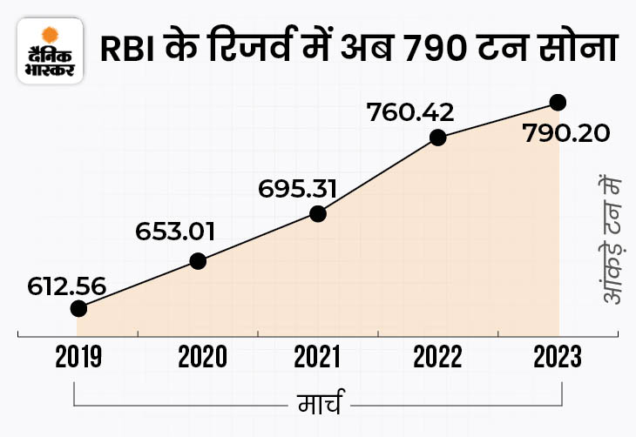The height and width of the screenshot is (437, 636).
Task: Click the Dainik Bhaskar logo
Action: (51, 51)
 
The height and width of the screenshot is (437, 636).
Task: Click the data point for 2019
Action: (78, 308)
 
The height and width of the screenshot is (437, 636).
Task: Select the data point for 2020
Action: (198, 260)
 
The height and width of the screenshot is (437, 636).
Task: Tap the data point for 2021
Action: (318, 213)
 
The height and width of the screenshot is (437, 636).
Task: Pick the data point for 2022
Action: (438, 137)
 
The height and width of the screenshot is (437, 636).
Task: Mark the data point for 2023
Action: (558, 103)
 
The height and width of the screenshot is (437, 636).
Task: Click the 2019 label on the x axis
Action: (78, 357)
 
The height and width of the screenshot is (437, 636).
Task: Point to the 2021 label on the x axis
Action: (318, 357)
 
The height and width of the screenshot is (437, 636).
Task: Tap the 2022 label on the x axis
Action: (438, 357)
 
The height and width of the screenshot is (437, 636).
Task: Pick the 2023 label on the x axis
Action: (558, 357)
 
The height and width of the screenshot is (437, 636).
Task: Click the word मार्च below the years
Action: (319, 406)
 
